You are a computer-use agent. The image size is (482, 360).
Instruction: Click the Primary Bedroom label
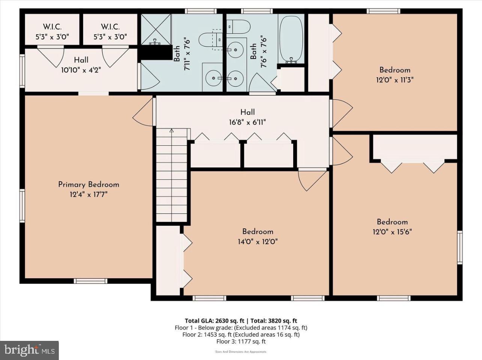(x=89, y=184)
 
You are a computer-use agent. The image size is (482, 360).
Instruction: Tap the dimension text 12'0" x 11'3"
(x=395, y=80)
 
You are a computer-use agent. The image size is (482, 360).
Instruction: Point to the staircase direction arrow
(x=172, y=131)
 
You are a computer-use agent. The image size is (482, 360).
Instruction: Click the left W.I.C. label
(x=52, y=27)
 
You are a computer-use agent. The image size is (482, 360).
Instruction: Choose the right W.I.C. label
(x=110, y=27)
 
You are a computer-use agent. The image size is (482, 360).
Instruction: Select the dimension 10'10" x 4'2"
(x=81, y=69)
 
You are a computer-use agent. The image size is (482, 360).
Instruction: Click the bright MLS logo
(x=29, y=350)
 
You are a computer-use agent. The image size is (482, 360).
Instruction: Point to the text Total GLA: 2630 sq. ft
(x=214, y=321)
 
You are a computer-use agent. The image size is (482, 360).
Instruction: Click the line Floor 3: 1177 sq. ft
(x=241, y=341)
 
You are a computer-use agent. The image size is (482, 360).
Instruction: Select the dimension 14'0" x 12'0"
(x=258, y=241)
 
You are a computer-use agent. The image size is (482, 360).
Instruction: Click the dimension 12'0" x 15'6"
(x=392, y=232)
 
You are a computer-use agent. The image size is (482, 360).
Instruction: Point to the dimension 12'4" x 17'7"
(x=89, y=194)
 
